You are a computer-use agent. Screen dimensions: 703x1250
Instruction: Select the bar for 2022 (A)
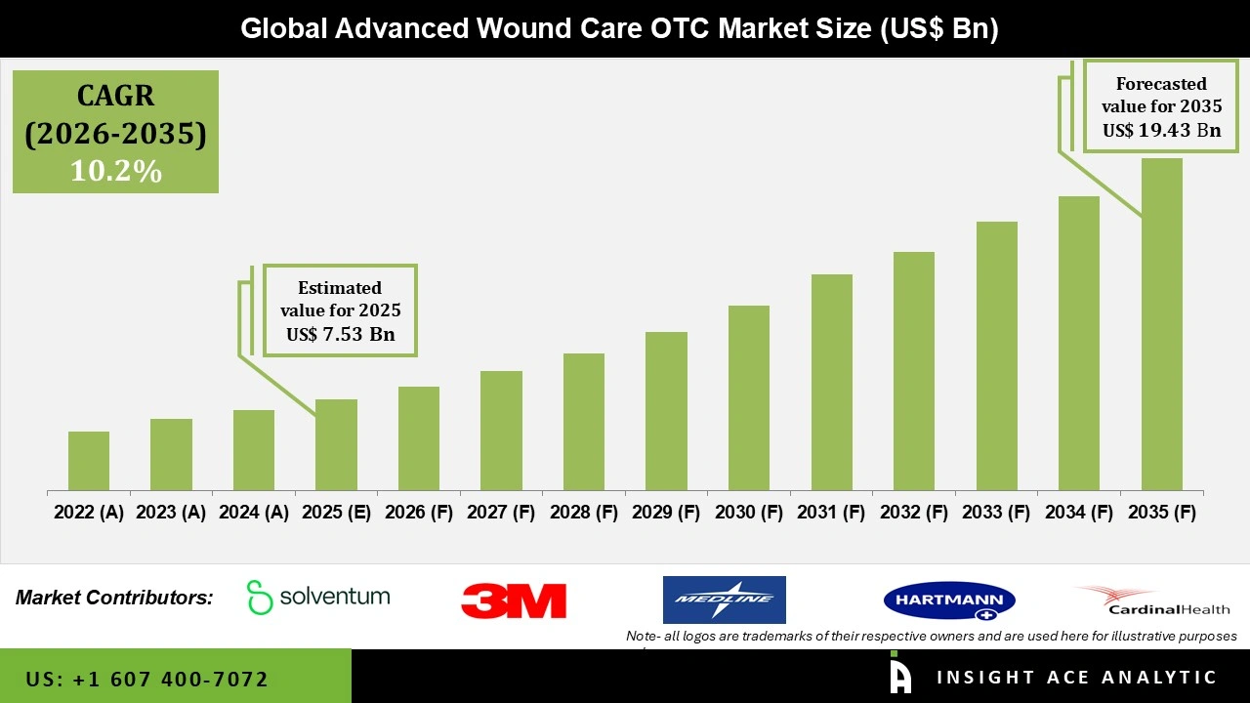[x=89, y=461]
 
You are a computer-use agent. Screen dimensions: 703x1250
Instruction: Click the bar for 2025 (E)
[x=336, y=444]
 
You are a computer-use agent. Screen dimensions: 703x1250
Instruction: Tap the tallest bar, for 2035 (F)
[x=1161, y=324]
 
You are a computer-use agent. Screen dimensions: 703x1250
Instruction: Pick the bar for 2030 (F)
[x=749, y=397]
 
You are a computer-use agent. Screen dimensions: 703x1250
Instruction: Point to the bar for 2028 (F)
[x=584, y=422]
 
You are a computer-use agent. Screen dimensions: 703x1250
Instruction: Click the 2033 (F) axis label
[x=996, y=513]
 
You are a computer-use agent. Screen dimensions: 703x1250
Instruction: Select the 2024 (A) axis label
[x=254, y=513]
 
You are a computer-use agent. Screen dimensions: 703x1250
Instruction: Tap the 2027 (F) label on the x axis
[x=501, y=513]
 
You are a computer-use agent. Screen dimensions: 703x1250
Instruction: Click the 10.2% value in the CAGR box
[x=115, y=171]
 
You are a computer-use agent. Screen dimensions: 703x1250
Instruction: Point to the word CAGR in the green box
[x=115, y=97]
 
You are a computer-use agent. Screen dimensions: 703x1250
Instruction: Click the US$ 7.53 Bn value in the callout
[x=340, y=335]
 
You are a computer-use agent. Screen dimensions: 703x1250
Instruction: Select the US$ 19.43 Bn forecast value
[x=1161, y=130]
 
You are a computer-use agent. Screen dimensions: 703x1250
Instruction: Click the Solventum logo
[x=318, y=597]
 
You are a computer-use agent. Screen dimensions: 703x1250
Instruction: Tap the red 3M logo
[x=514, y=600]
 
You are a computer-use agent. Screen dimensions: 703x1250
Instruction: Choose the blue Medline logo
[x=724, y=600]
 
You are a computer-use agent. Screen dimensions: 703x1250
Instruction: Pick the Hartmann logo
[x=948, y=600]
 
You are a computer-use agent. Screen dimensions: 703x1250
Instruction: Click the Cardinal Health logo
[x=1153, y=600]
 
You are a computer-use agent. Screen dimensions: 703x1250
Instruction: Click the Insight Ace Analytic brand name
[x=1076, y=678]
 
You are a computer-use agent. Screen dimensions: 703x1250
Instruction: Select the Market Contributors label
[x=114, y=598]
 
